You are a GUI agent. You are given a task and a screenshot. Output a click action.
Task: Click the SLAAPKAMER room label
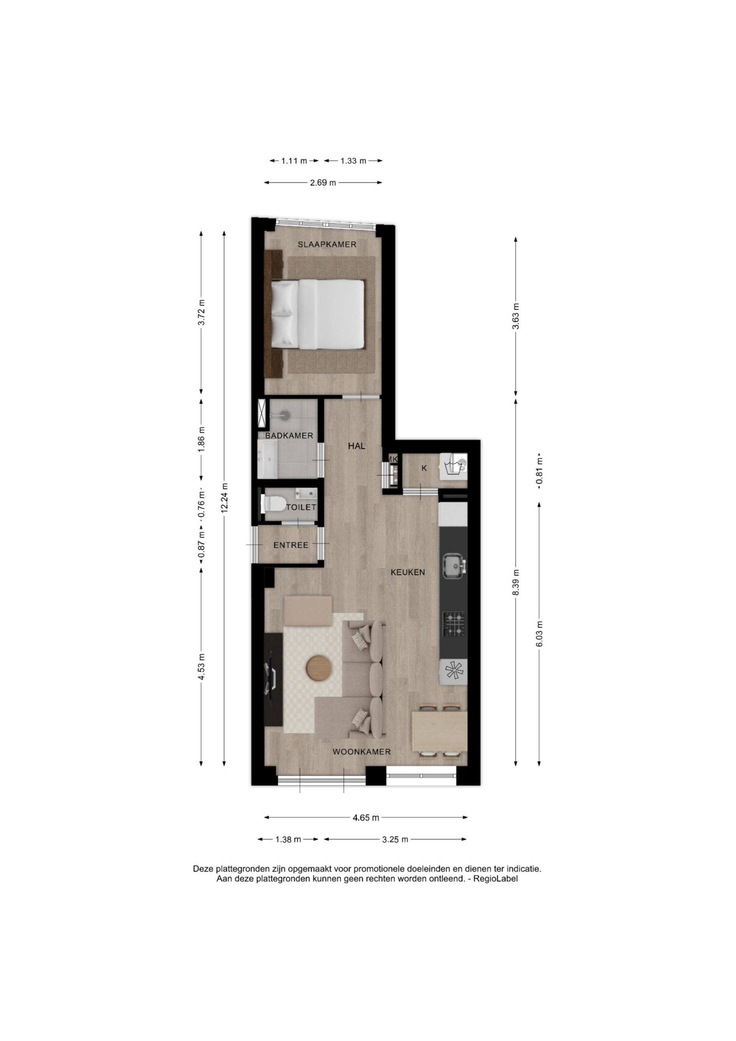(x=327, y=244)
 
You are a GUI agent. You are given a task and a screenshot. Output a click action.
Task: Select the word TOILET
(x=300, y=507)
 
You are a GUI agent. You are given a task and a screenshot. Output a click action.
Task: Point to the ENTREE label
(x=291, y=545)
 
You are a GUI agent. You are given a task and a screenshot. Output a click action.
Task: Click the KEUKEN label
(x=408, y=572)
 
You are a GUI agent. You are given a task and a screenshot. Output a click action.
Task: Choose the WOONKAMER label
(x=361, y=752)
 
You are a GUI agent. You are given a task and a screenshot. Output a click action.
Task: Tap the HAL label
(x=357, y=446)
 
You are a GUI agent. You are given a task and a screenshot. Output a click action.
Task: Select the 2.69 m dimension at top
(x=323, y=183)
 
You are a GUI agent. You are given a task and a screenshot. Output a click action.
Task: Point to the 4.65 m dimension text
(x=366, y=818)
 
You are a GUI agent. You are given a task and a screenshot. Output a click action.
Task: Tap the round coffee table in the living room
(x=320, y=667)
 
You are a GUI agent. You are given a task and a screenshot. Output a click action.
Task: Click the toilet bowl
(x=273, y=503)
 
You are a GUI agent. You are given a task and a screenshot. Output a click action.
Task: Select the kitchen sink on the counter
(x=454, y=566)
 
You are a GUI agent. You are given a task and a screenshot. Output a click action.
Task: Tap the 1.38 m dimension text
(x=288, y=839)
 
